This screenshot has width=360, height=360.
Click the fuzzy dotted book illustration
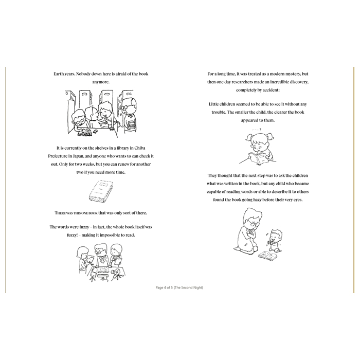click(x=101, y=191)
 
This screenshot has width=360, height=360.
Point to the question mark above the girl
click(x=260, y=130)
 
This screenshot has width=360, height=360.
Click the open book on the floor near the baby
click(x=267, y=255)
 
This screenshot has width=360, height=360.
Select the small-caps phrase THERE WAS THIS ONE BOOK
click(x=76, y=213)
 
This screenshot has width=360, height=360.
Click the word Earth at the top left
click(x=59, y=74)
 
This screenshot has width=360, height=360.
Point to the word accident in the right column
click(x=271, y=90)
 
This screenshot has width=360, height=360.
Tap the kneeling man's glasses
click(x=251, y=223)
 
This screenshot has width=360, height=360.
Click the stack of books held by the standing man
click(x=131, y=125)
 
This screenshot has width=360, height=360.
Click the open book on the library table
click(x=85, y=132)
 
